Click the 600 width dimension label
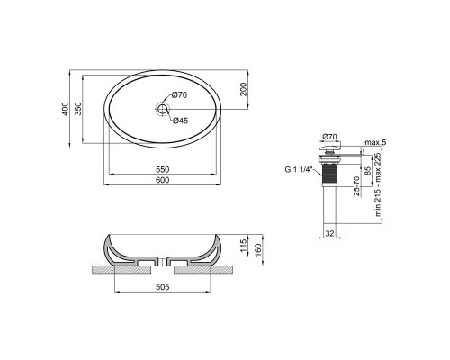162,179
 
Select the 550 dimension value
162,168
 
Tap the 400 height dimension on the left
65,109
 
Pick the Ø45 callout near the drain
179,121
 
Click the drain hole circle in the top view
162,110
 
